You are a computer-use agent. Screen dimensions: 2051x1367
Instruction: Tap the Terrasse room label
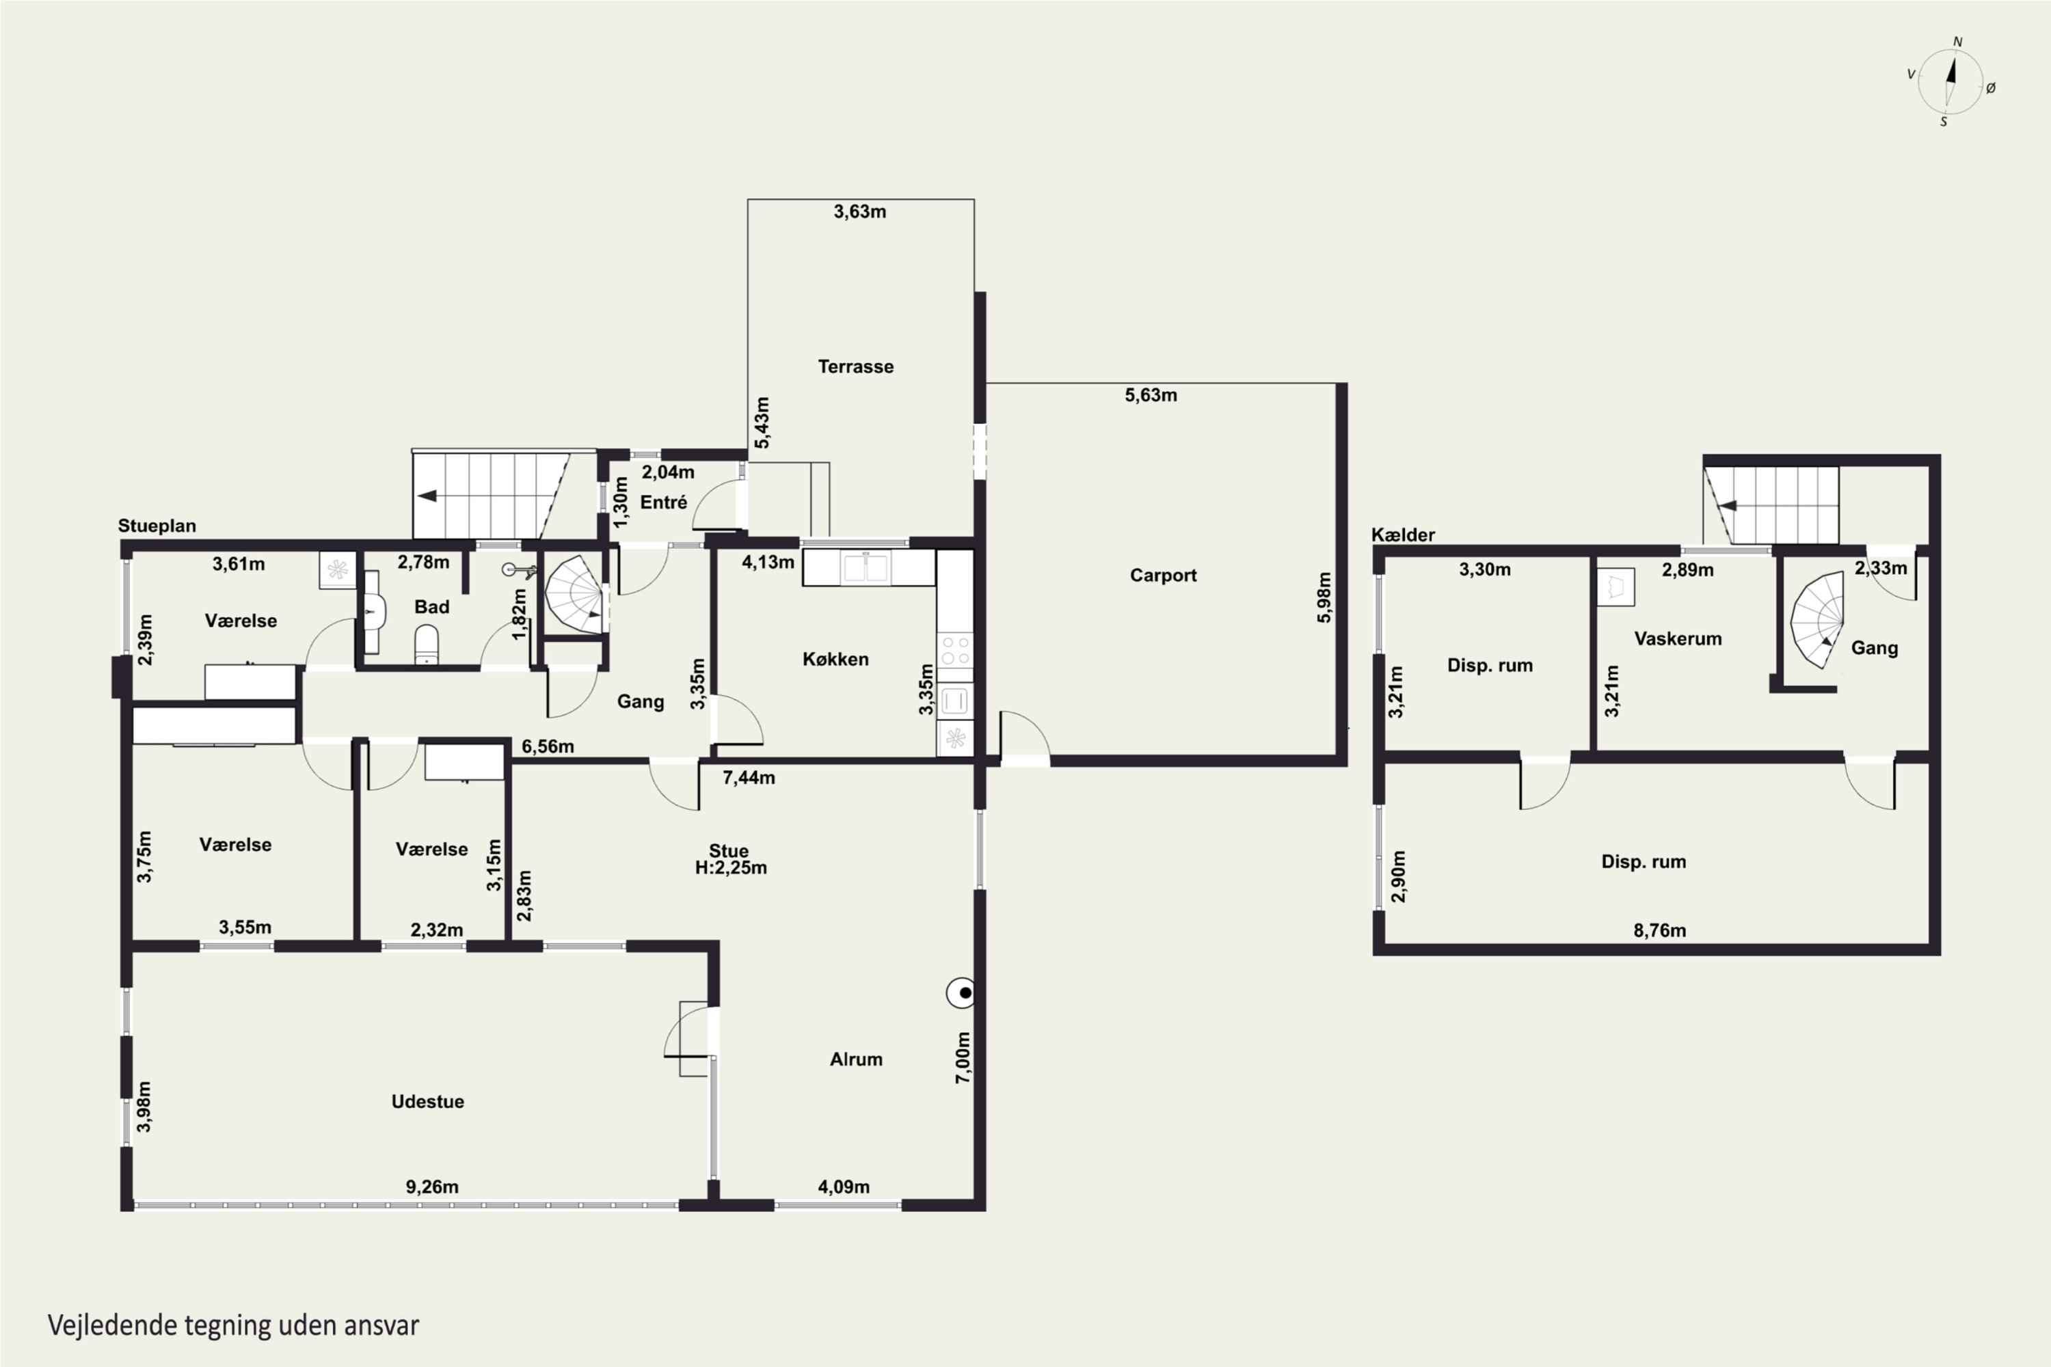pos(855,367)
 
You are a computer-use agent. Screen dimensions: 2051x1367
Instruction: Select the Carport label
pos(1164,576)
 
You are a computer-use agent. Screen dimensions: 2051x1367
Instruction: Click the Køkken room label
pos(835,659)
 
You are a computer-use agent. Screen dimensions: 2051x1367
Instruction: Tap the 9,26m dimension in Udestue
pos(431,1187)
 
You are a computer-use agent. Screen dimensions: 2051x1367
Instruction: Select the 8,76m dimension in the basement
pos(1659,930)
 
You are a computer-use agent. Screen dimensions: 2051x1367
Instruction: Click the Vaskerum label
pos(1678,639)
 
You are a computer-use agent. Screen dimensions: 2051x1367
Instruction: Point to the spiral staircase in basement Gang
pos(1818,619)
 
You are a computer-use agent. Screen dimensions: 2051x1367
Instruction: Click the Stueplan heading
pos(157,526)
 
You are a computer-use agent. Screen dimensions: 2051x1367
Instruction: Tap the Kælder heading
pos(1403,534)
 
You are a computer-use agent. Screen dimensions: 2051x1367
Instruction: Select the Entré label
pos(664,502)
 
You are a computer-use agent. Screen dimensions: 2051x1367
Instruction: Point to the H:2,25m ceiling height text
pos(731,867)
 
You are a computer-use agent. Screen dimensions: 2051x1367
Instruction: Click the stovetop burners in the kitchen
pos(955,651)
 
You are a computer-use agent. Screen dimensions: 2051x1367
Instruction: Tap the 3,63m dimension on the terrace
pos(860,212)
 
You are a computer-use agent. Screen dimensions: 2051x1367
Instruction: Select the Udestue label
pos(427,1101)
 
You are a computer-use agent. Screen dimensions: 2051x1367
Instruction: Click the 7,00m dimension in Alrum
pos(963,1057)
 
